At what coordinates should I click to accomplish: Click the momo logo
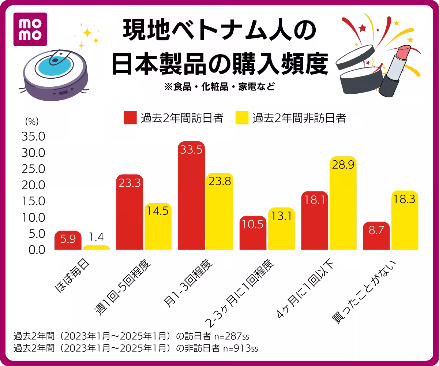tap(30, 29)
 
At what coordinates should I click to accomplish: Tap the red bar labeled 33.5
tap(191, 198)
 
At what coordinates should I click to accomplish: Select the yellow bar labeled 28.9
tap(343, 205)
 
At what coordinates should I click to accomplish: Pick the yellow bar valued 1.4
tap(96, 248)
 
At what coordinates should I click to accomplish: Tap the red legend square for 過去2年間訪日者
tap(130, 118)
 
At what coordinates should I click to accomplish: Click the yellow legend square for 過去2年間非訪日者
tap(242, 118)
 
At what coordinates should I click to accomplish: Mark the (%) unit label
tap(32, 120)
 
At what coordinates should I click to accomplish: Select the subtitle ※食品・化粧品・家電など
tap(219, 87)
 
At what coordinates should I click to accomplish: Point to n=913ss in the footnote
tap(240, 348)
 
